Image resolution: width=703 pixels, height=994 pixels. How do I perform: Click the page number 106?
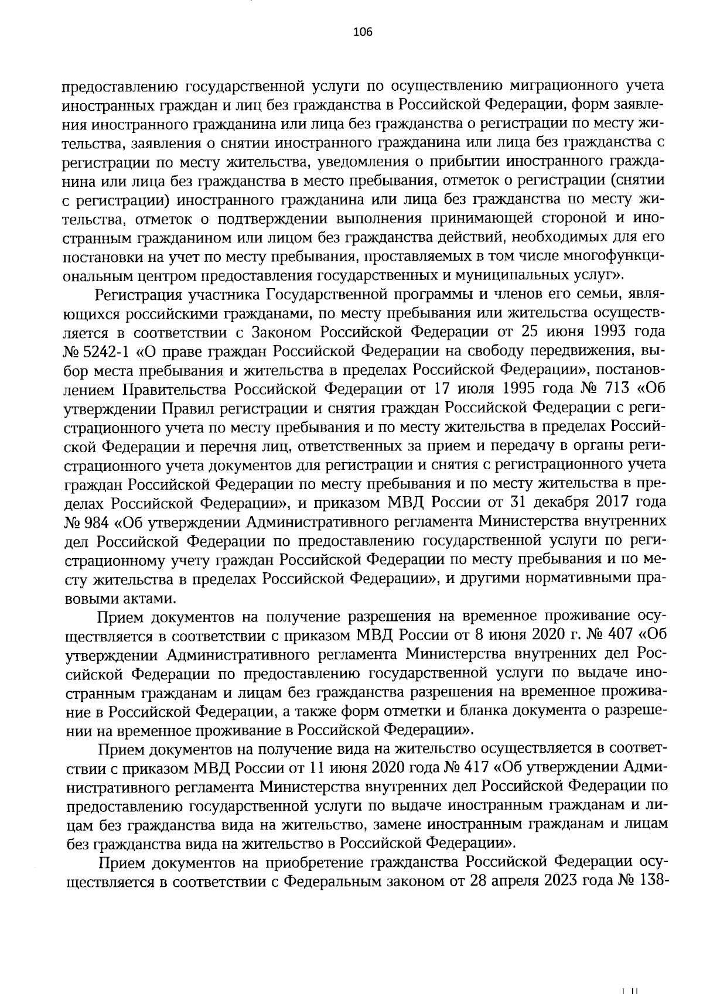[362, 32]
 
